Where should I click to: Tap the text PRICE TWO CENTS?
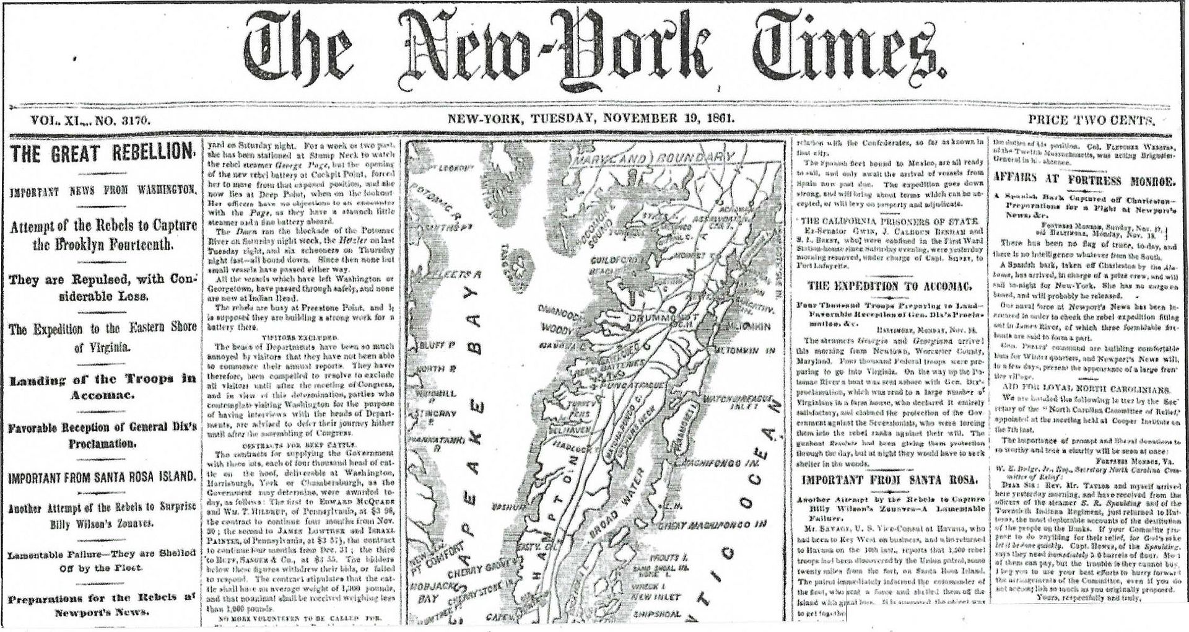pyautogui.click(x=1092, y=120)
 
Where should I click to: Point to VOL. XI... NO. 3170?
pyautogui.click(x=91, y=120)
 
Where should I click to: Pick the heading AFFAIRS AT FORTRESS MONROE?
pyautogui.click(x=1085, y=182)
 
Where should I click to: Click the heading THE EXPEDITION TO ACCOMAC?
pyautogui.click(x=889, y=286)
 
